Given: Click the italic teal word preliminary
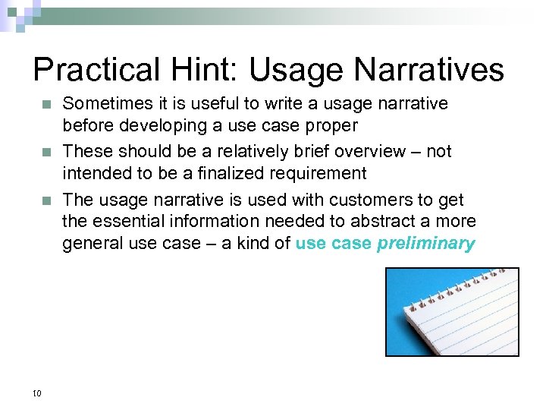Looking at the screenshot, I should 425,244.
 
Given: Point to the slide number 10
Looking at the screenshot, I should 37,393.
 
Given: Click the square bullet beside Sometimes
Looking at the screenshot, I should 46,104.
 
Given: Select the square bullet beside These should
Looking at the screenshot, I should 46,152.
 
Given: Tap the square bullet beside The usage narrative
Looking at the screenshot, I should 46,200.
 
